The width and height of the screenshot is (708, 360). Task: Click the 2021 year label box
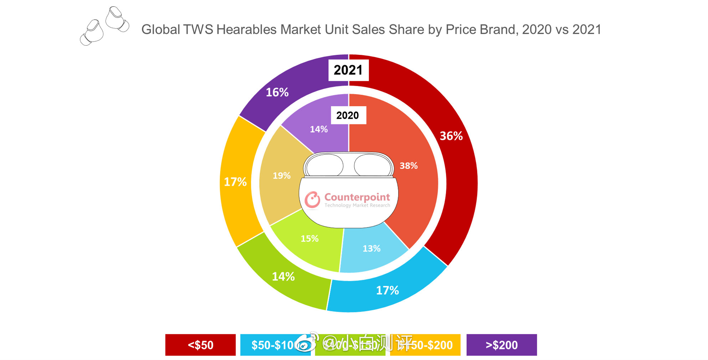click(348, 70)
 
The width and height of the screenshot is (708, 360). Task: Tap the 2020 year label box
click(348, 115)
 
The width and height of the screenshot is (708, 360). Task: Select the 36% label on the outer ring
click(451, 136)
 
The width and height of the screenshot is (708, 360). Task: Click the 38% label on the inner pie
click(408, 166)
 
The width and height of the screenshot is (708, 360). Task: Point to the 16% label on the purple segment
click(277, 92)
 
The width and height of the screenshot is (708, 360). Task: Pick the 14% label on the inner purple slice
click(318, 129)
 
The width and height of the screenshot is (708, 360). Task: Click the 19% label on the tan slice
click(281, 176)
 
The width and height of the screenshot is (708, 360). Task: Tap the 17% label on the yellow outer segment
click(235, 182)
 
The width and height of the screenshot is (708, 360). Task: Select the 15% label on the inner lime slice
click(309, 239)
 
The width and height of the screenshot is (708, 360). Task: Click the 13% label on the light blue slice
click(371, 248)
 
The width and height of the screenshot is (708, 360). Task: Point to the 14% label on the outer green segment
click(283, 277)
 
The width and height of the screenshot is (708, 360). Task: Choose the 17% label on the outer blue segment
click(387, 290)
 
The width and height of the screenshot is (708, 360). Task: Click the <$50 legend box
click(200, 345)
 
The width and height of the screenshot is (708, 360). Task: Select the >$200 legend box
click(501, 345)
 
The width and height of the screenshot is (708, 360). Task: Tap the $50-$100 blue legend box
click(271, 345)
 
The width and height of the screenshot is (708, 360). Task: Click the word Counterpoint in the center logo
click(357, 197)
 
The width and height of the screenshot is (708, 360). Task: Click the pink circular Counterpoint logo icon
click(312, 200)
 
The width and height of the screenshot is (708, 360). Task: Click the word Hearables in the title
click(246, 30)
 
